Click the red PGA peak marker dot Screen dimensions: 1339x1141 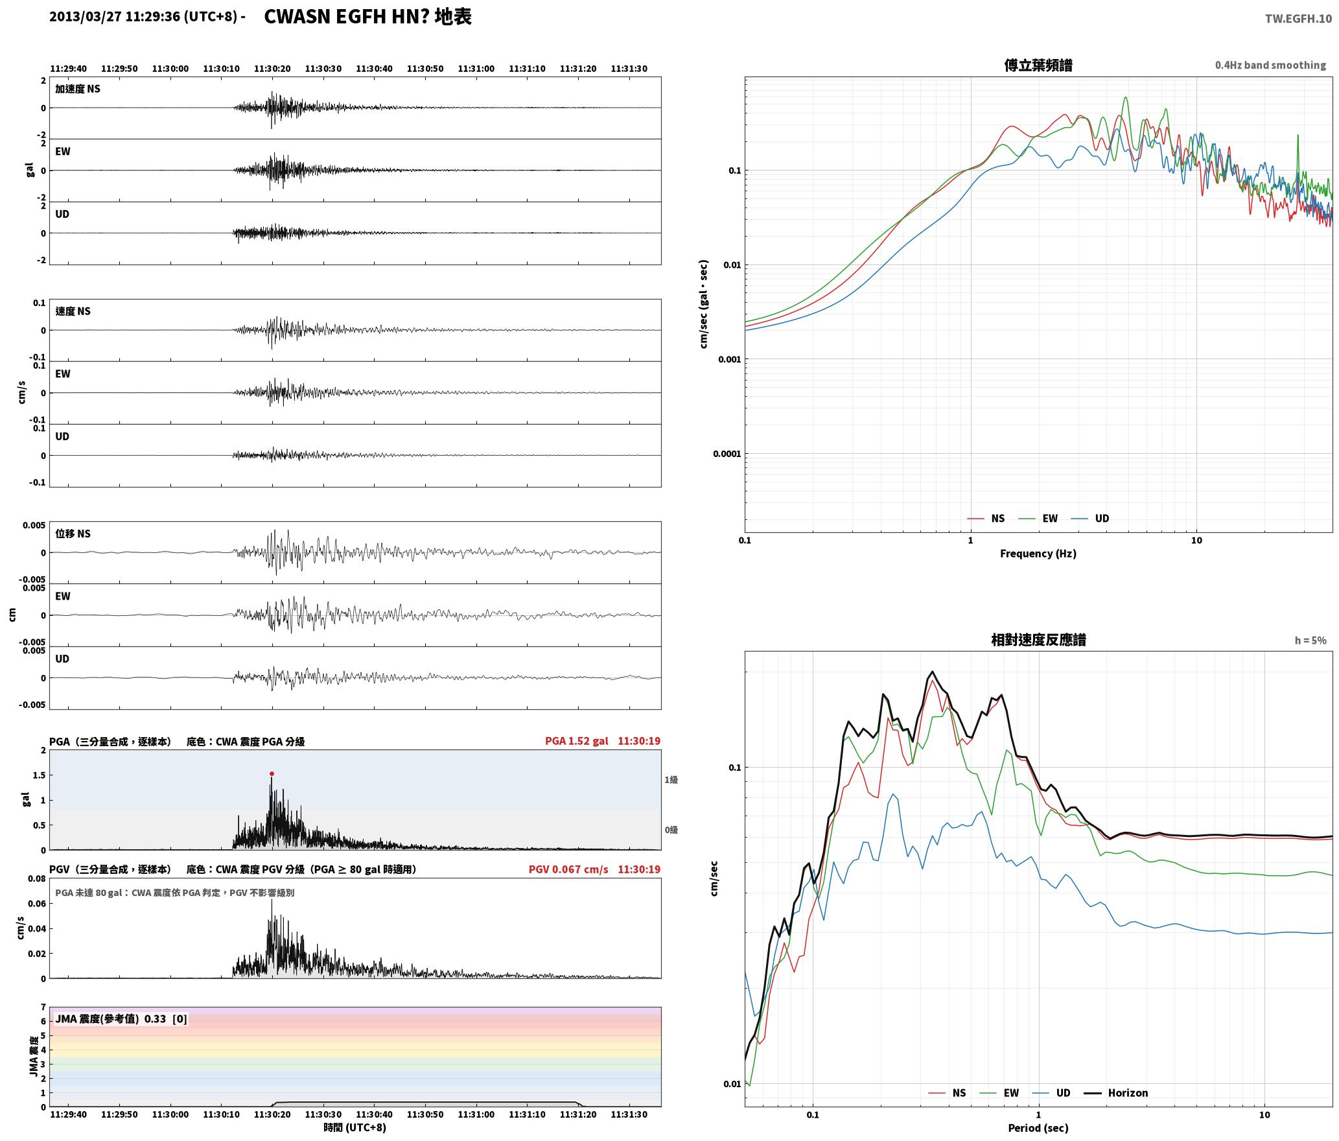(272, 773)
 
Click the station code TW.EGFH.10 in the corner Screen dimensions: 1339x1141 (1298, 18)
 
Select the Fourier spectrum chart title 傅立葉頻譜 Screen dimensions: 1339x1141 (1038, 65)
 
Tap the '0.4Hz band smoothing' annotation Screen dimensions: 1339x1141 (1270, 65)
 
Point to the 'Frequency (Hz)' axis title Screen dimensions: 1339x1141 (1038, 553)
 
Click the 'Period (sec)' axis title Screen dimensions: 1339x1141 (1038, 1127)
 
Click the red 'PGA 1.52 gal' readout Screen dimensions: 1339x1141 (576, 740)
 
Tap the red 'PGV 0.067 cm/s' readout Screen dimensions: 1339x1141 (568, 869)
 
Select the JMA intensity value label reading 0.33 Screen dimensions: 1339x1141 (155, 1018)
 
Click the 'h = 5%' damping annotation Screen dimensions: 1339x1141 (1310, 640)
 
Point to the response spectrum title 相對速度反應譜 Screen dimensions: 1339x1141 (1038, 639)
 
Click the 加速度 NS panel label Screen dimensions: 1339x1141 (78, 89)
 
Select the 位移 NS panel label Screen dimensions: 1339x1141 (73, 534)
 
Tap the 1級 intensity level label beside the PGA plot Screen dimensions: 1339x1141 (671, 779)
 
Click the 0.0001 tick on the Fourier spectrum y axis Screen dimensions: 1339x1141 (727, 453)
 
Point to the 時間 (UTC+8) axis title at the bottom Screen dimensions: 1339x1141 (355, 1127)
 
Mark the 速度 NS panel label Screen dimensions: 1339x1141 (73, 311)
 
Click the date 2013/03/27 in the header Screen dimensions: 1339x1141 (86, 17)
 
